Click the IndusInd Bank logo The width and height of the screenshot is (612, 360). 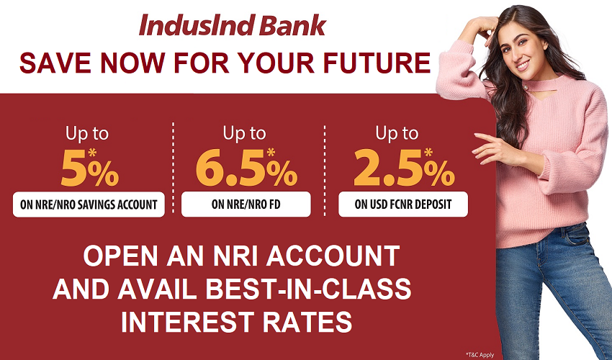click(x=233, y=25)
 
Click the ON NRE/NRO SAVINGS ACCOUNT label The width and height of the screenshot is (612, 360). click(x=89, y=204)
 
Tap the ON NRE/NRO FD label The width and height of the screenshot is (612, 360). click(x=246, y=204)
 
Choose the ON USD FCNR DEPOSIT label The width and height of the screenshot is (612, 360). click(x=403, y=204)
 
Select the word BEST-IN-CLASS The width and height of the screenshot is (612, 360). click(x=308, y=289)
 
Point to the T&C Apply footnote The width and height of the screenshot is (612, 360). click(x=480, y=355)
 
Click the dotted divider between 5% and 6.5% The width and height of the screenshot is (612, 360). click(x=173, y=168)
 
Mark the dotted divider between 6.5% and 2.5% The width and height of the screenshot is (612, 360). click(x=324, y=170)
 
